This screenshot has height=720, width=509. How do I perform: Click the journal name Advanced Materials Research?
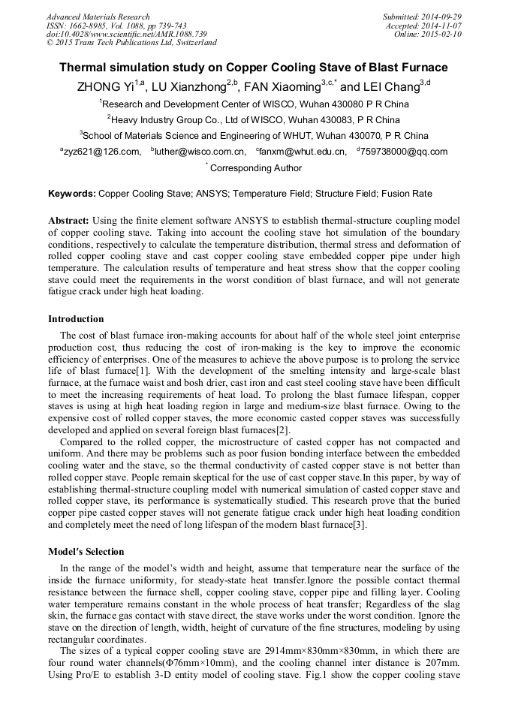[x=98, y=17]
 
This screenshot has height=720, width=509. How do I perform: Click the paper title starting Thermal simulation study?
[x=254, y=68]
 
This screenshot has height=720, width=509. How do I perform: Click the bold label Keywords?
[x=72, y=194]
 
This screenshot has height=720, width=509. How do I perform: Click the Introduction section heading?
[x=76, y=319]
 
